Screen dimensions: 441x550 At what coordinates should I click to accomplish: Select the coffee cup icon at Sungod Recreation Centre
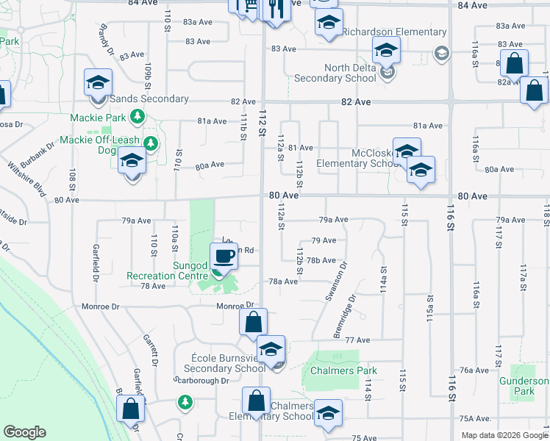click(224, 257)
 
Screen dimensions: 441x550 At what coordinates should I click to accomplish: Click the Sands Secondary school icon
click(98, 83)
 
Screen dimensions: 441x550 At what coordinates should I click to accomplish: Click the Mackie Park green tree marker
click(137, 117)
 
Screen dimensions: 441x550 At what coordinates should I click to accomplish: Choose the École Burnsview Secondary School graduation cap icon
click(271, 350)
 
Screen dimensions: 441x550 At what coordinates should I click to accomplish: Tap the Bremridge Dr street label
click(344, 317)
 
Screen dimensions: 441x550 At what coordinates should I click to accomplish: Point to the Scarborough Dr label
click(201, 381)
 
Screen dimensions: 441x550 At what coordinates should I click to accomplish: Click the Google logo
click(24, 432)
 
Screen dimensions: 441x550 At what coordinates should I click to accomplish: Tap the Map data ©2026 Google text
click(504, 435)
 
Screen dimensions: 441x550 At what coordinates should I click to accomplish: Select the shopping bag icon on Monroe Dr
click(253, 322)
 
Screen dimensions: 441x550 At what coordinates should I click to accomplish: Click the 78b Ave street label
click(321, 260)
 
